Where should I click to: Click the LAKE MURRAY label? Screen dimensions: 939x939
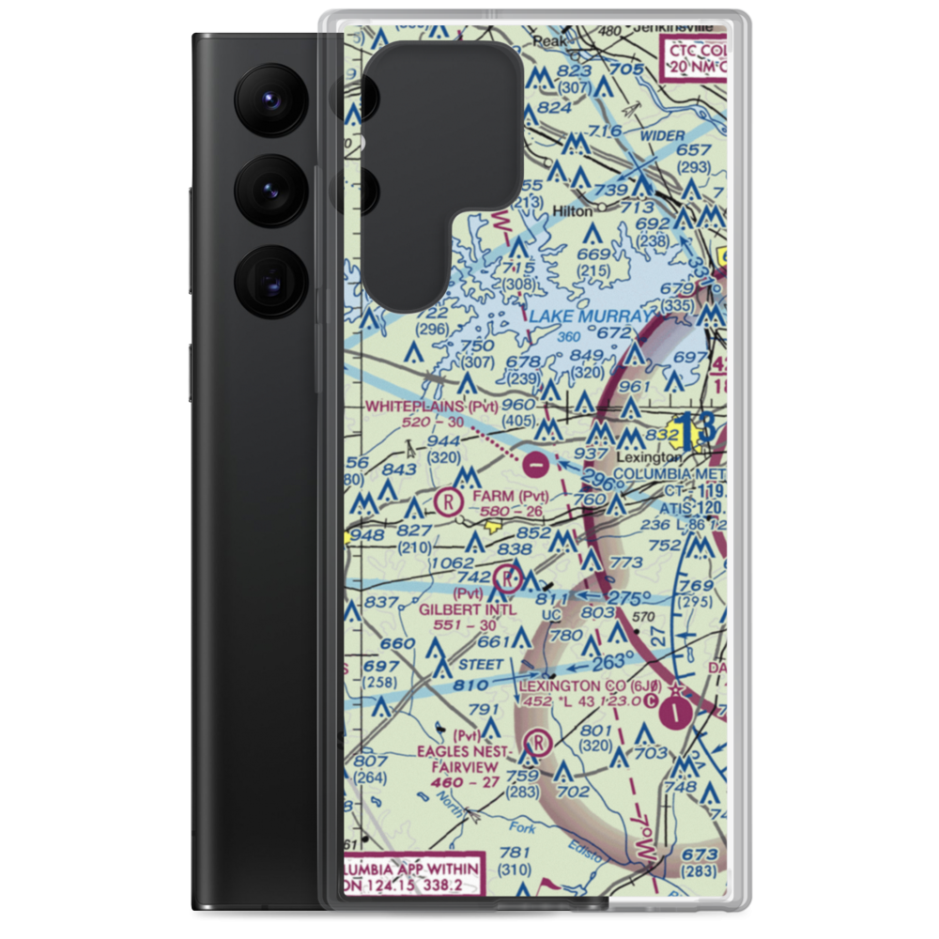589,318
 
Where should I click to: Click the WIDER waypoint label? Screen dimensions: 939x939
664,136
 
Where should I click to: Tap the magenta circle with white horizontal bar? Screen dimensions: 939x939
535,462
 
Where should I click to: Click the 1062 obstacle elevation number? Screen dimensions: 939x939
451,563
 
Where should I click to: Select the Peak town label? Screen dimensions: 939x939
546,42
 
